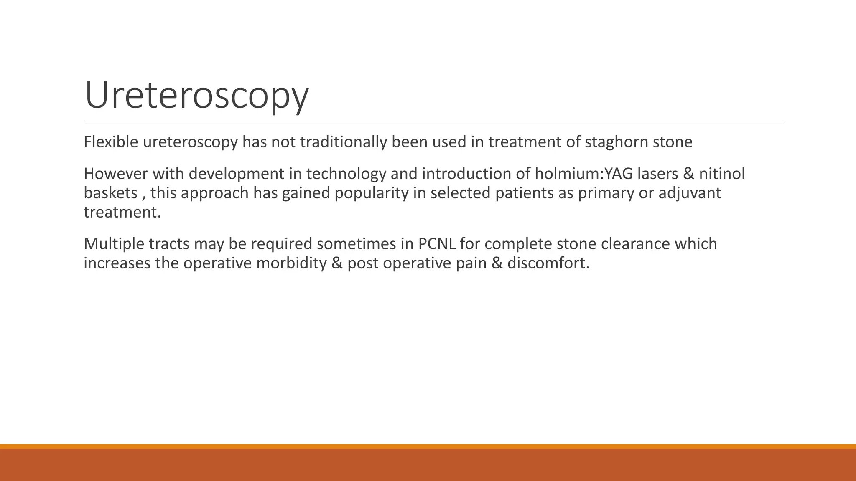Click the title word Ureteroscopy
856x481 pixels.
pos(196,96)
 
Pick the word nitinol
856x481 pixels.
pos(722,174)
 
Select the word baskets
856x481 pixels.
pos(110,193)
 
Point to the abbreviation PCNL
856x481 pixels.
pos(436,244)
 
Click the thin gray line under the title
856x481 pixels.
pos(433,122)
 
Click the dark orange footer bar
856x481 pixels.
pos(428,465)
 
